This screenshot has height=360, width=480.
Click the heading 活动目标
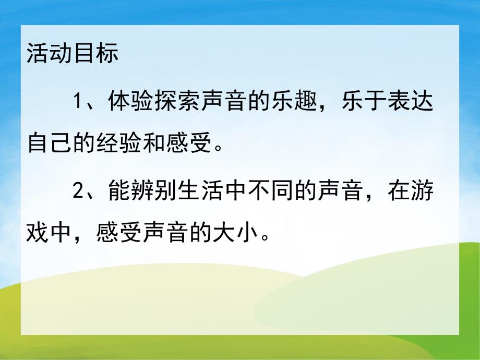click(73, 54)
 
